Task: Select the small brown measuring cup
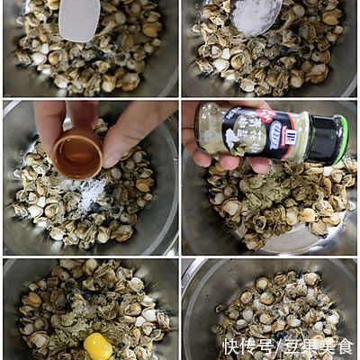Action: point(77,153)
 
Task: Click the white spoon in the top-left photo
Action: point(79,20)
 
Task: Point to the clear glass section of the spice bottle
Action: point(220,126)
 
